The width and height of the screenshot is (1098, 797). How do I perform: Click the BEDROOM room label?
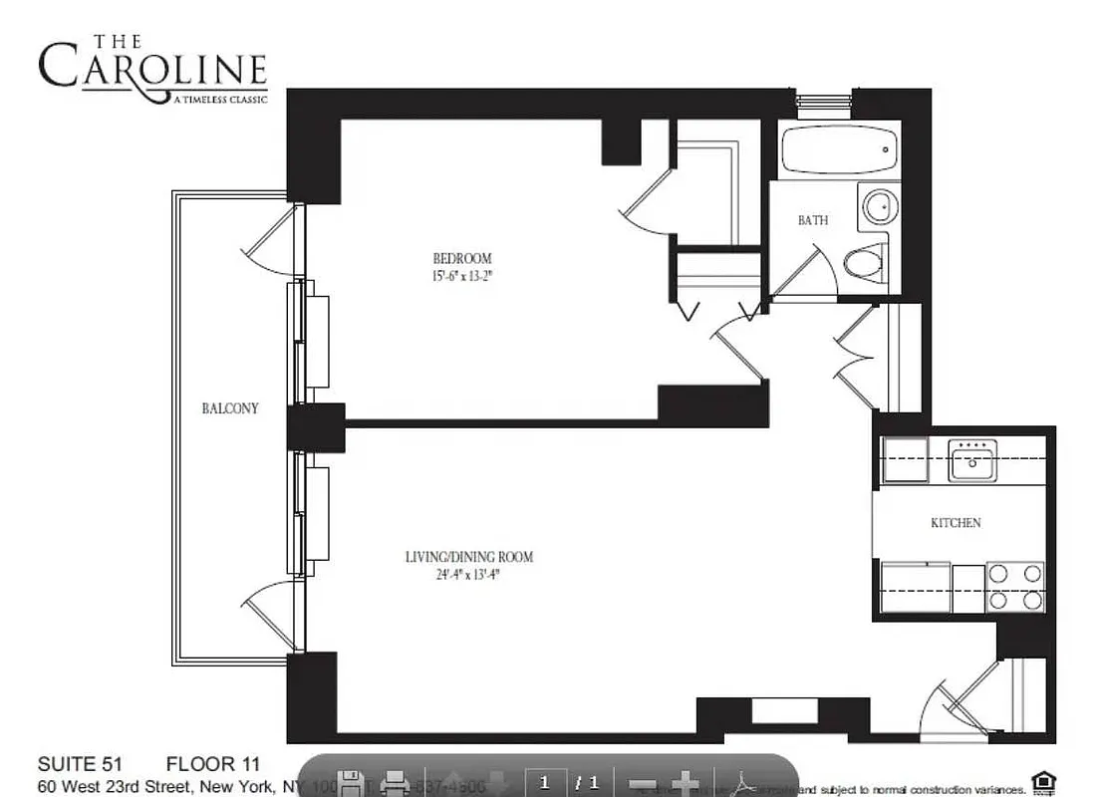[x=463, y=258]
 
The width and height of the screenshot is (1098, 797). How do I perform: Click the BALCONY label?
[x=230, y=408]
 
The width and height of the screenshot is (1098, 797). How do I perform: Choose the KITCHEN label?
[x=956, y=523]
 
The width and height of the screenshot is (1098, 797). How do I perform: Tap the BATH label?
[x=812, y=220]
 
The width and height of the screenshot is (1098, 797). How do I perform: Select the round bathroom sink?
[x=879, y=207]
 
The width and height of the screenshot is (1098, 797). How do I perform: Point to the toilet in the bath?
[x=865, y=264]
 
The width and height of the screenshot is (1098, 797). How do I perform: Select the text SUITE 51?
[x=79, y=765]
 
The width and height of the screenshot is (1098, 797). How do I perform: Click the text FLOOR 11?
[x=212, y=765]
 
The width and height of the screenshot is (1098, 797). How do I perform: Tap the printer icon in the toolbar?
[x=395, y=782]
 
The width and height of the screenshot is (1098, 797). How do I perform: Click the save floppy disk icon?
[x=350, y=782]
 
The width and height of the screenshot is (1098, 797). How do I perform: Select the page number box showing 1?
[x=545, y=782]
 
